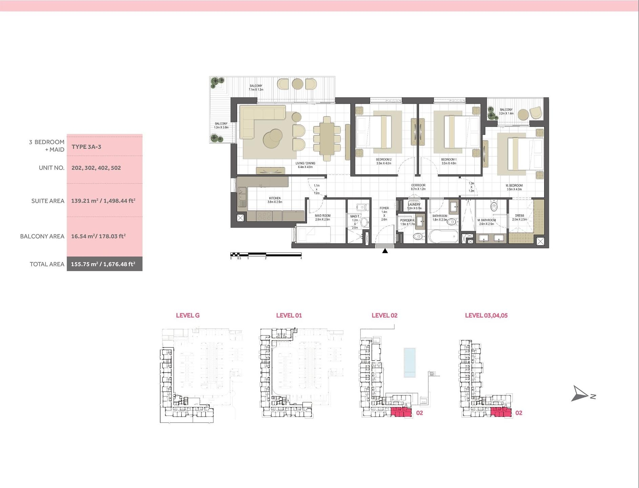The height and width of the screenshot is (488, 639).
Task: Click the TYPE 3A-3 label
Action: (x=86, y=147)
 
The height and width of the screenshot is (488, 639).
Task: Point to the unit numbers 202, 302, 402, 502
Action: (x=96, y=168)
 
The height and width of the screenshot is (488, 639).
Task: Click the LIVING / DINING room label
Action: (x=305, y=165)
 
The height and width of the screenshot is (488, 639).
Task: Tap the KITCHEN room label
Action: (x=275, y=200)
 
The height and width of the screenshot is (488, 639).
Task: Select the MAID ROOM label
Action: (x=323, y=217)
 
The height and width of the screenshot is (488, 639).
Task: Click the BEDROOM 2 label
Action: (x=384, y=161)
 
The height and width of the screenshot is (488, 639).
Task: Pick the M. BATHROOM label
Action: (x=487, y=222)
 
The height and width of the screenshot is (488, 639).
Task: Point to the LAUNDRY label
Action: (x=414, y=206)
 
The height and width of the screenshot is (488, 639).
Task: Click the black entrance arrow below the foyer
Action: (x=385, y=251)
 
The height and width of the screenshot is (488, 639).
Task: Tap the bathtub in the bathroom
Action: (x=443, y=236)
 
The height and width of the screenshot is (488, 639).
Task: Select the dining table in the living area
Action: (x=327, y=139)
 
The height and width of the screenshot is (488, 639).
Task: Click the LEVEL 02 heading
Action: (x=385, y=315)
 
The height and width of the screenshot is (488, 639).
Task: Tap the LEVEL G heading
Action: (x=188, y=315)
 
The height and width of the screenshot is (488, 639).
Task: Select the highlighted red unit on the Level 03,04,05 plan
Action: (x=501, y=412)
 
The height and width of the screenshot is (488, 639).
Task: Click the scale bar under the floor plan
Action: (x=266, y=254)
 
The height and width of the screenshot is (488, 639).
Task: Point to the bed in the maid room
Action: (x=313, y=235)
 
